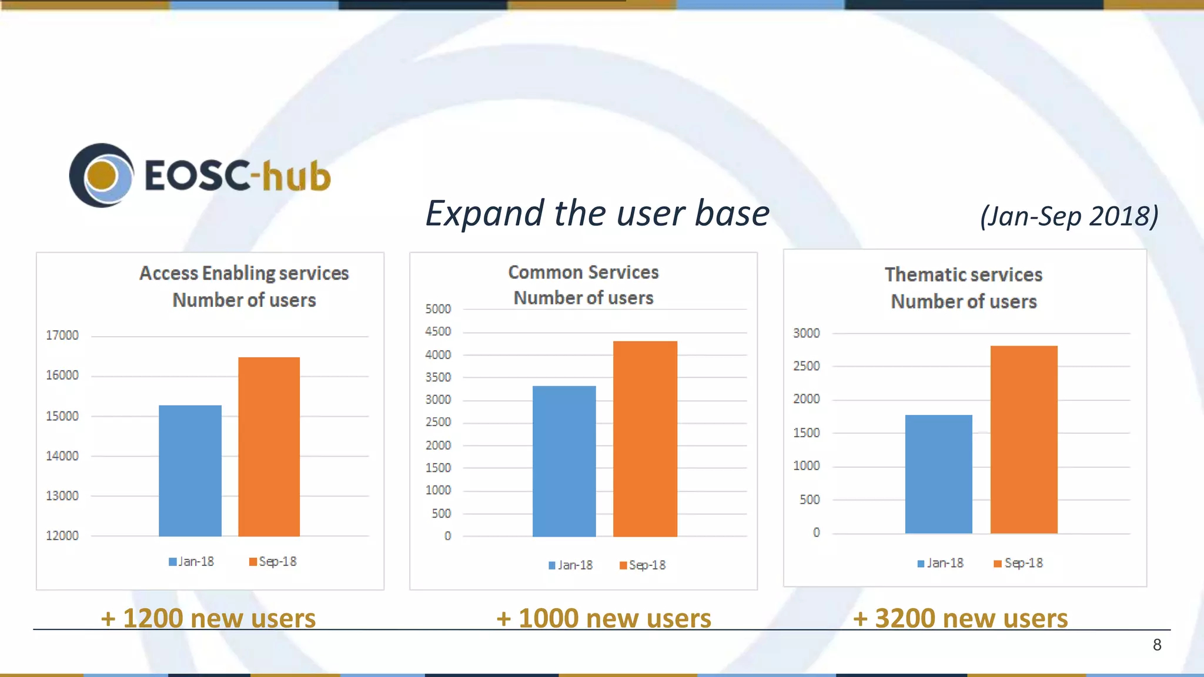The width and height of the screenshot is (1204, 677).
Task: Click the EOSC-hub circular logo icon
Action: [x=101, y=175]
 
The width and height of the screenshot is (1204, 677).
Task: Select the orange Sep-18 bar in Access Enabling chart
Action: [x=269, y=447]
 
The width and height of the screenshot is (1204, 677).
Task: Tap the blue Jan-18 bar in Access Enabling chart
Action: [x=190, y=471]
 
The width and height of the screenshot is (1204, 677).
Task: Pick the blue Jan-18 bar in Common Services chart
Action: [x=564, y=461]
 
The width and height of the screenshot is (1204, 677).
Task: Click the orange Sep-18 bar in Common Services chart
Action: [x=645, y=439]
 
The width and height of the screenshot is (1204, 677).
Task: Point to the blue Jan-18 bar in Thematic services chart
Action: [x=938, y=474]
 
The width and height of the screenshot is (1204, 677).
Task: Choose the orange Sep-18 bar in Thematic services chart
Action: [x=1024, y=440]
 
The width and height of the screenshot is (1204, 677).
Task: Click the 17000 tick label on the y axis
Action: [x=62, y=336]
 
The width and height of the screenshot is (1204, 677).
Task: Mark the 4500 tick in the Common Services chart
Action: [x=438, y=331]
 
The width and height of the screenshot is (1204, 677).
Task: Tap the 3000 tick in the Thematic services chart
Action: [x=806, y=333]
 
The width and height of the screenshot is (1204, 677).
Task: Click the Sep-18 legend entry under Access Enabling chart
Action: [x=273, y=562]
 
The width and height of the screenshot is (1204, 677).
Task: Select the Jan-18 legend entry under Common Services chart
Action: [x=571, y=565]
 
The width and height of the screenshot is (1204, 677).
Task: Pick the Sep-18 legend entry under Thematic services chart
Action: [x=1019, y=563]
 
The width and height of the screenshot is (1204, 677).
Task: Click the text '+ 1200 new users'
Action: [x=208, y=618]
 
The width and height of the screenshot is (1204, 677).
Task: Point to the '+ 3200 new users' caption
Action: [x=960, y=618]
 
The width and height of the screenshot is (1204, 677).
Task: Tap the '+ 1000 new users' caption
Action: [x=604, y=618]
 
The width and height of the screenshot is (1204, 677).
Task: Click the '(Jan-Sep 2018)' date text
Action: [x=1069, y=216]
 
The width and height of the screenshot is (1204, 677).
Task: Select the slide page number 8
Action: [x=1157, y=645]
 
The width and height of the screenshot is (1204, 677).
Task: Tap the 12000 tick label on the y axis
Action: [x=62, y=536]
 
